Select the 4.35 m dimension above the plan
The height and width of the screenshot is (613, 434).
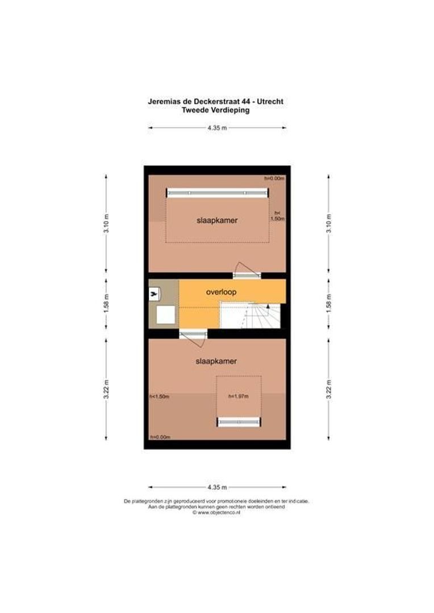coord(217,128)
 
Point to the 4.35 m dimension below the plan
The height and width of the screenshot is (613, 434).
coord(217,487)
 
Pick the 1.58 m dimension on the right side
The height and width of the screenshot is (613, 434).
coord(328,301)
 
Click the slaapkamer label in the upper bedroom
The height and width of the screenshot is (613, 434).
coord(216,220)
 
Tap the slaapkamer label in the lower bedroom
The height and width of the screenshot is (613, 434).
coord(216,361)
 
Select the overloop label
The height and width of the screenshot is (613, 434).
coord(221,292)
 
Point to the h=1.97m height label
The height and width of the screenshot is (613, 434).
coord(239,397)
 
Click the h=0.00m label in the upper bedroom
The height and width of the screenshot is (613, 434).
coord(274,178)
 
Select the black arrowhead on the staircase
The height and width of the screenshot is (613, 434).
coord(267,307)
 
